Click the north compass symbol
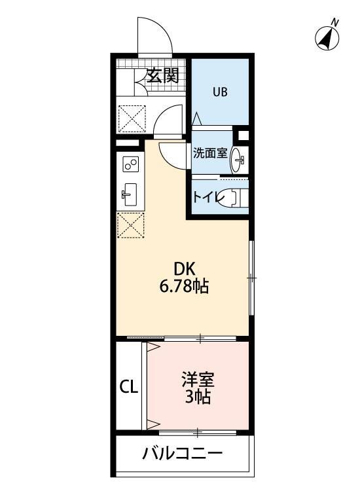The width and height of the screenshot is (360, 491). click(328, 37)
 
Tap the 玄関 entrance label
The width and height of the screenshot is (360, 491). click(162, 75)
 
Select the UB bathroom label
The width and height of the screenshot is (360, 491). click(219, 92)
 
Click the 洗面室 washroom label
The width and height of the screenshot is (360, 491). click(209, 154)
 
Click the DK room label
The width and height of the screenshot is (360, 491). click(185, 268)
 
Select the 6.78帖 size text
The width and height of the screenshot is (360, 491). click(185, 286)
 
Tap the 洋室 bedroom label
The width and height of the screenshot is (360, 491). click(198, 380)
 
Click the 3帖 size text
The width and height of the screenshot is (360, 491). click(198, 397)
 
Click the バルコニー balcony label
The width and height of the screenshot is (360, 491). click(183, 453)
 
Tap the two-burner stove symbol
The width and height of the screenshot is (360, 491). click(130, 164)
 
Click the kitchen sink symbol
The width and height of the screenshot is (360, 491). click(129, 193)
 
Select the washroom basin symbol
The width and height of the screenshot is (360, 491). click(240, 157)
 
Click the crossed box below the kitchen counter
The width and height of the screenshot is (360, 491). click(130, 226)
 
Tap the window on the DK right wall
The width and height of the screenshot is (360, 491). click(251, 278)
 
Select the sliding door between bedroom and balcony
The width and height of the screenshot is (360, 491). click(196, 431)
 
